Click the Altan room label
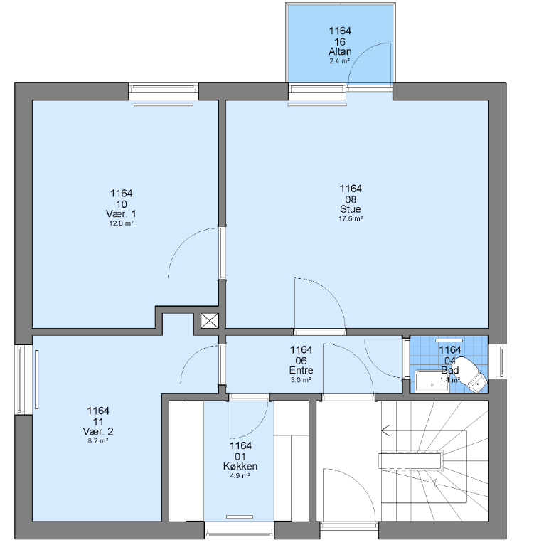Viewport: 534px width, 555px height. pyautogui.click(x=340, y=51)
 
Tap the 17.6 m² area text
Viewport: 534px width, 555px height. pyautogui.click(x=351, y=218)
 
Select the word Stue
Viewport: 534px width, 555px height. pyautogui.click(x=351, y=208)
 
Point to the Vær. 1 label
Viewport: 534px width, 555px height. pyautogui.click(x=121, y=213)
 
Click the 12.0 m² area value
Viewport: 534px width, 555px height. pyautogui.click(x=121, y=223)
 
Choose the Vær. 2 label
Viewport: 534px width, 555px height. pyautogui.click(x=98, y=431)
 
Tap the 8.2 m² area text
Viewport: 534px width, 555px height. pyautogui.click(x=98, y=441)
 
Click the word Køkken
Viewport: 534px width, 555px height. pyautogui.click(x=240, y=466)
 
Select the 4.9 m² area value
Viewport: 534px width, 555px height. pyautogui.click(x=240, y=476)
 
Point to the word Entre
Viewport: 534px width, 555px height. pyautogui.click(x=301, y=370)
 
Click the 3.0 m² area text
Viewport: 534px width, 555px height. pyautogui.click(x=301, y=380)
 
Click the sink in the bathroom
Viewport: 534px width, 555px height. pyautogui.click(x=432, y=381)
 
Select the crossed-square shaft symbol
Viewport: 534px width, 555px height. pyautogui.click(x=210, y=321)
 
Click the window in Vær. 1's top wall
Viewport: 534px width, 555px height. pyautogui.click(x=163, y=92)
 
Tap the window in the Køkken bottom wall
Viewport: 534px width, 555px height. pyautogui.click(x=240, y=530)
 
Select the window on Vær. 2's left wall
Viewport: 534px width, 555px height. pyautogui.click(x=23, y=379)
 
